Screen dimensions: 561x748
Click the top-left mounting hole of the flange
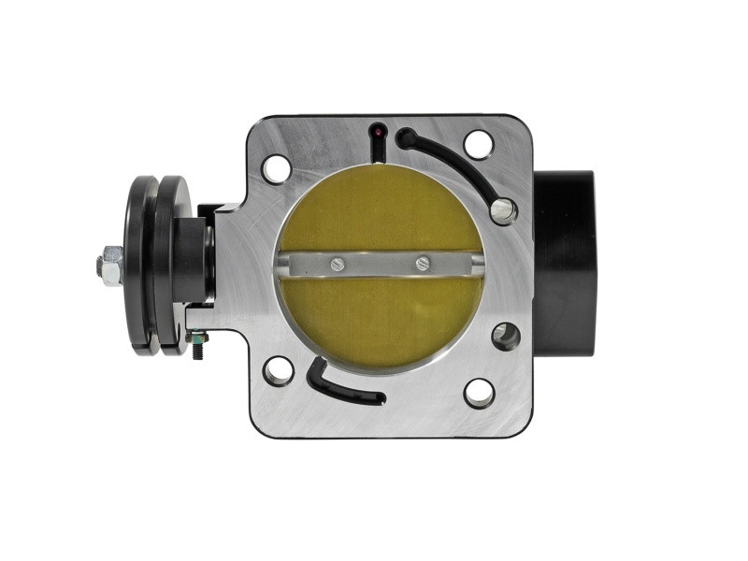click(277, 169)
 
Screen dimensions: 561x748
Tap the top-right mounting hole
click(478, 145)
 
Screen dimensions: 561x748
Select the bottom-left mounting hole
click(278, 370)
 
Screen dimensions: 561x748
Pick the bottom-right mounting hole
click(479, 393)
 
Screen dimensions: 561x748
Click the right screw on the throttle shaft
click(422, 265)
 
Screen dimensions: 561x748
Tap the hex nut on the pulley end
click(109, 266)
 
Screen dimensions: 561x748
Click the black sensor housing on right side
click(565, 262)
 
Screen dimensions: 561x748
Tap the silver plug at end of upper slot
click(503, 210)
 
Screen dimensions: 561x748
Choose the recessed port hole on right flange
click(506, 336)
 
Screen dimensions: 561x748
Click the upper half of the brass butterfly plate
click(379, 210)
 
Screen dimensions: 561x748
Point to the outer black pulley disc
click(142, 266)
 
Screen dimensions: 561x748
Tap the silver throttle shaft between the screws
click(380, 265)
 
